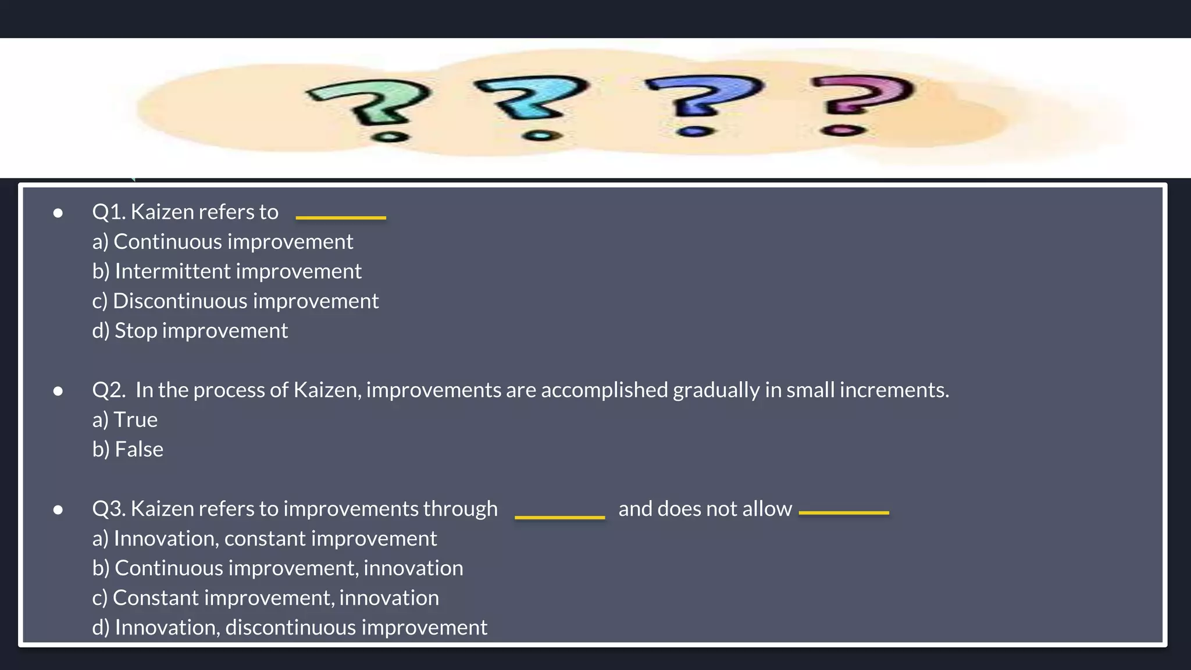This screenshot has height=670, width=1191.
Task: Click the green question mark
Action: click(372, 105)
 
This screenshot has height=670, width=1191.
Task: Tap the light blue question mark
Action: click(532, 102)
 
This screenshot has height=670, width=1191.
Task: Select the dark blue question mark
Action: click(701, 99)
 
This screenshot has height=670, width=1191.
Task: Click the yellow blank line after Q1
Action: click(341, 218)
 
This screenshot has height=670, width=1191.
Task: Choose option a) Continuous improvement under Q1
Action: click(222, 241)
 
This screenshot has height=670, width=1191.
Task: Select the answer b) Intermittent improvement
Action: click(227, 271)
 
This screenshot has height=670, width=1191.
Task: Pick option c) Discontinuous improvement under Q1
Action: click(235, 301)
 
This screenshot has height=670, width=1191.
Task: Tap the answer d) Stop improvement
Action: click(190, 330)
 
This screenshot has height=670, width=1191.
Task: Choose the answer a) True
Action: click(124, 419)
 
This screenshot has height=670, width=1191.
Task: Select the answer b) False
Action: click(127, 449)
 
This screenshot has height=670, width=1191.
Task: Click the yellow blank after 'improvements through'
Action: click(559, 516)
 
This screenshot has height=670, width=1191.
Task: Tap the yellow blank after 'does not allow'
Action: click(844, 512)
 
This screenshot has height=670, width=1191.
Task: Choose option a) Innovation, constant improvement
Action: click(264, 538)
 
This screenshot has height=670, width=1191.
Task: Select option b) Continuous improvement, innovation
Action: click(277, 568)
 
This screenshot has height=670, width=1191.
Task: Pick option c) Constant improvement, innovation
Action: click(265, 597)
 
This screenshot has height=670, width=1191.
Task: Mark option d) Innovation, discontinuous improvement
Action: click(289, 627)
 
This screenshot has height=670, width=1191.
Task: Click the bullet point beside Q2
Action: click(58, 391)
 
